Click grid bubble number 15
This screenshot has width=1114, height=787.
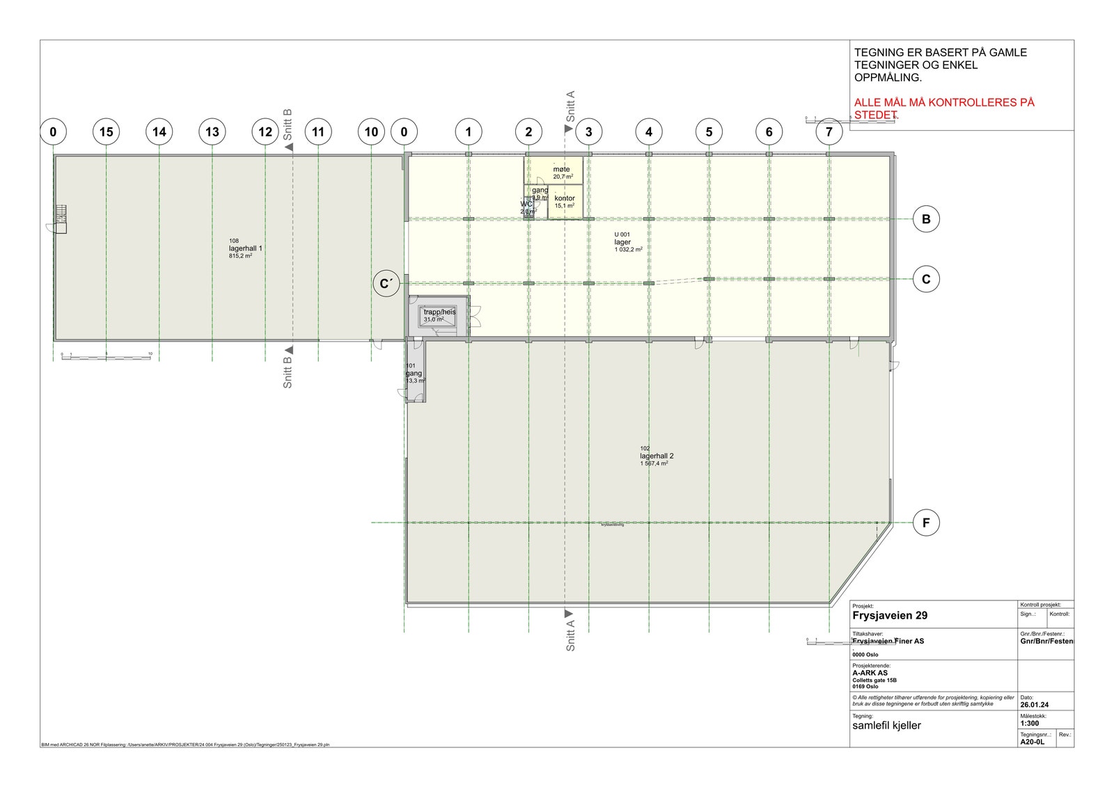(x=106, y=132)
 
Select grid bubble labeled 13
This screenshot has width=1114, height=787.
(x=212, y=132)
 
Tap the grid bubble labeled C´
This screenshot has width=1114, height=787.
(x=384, y=284)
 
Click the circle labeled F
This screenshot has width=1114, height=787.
(x=925, y=523)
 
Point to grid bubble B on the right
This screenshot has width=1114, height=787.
(x=925, y=219)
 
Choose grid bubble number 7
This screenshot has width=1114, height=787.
(x=829, y=132)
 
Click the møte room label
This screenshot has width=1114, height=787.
(x=561, y=170)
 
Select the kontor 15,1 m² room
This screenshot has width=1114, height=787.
(x=565, y=202)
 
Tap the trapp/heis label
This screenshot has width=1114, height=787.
(x=439, y=312)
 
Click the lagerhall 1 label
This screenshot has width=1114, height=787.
(x=245, y=248)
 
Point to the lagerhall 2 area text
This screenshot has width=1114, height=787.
(x=657, y=456)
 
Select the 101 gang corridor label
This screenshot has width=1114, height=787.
(x=414, y=374)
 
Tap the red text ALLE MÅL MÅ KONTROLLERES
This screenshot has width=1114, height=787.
(x=944, y=103)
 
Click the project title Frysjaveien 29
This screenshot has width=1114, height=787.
(x=889, y=616)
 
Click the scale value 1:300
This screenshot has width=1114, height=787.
(x=1029, y=723)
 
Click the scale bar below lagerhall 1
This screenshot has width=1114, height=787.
(x=106, y=357)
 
